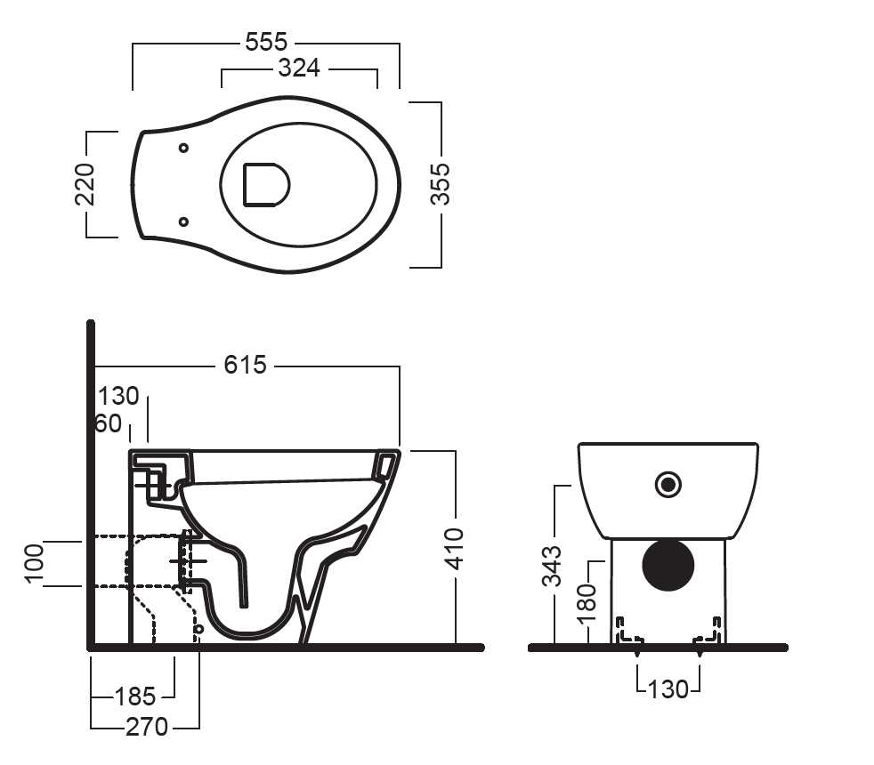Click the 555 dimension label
(266, 41)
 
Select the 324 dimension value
(298, 68)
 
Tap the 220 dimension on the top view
(85, 183)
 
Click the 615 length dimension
(245, 365)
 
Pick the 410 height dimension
(454, 550)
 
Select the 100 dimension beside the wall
(34, 563)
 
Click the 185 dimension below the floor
(134, 696)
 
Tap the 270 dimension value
(147, 727)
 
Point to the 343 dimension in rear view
(553, 566)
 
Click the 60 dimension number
(109, 423)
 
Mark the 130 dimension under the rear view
(668, 688)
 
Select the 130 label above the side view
(118, 396)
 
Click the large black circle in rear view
(668, 564)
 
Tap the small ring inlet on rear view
(668, 484)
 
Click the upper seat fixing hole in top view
(183, 148)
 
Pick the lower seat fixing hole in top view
(183, 221)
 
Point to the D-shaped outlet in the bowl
(266, 184)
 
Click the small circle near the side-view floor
(198, 630)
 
